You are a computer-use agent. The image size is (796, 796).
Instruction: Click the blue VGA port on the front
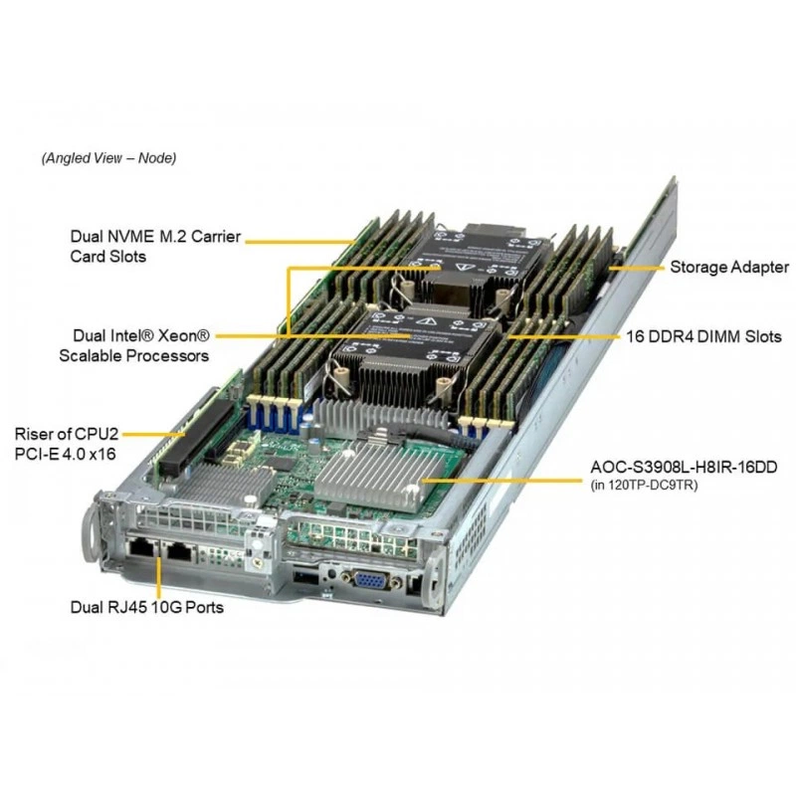[372, 579]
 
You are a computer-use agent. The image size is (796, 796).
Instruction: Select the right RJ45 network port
[179, 550]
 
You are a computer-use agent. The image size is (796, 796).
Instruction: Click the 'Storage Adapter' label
[729, 268]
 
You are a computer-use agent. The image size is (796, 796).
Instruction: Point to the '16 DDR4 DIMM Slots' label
[703, 336]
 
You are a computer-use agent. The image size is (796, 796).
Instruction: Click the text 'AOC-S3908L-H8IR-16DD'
[684, 467]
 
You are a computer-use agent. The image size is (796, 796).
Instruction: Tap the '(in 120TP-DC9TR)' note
[644, 486]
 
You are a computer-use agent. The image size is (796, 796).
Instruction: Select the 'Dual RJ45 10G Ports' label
[147, 607]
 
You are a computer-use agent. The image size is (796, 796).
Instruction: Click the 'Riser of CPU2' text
[67, 434]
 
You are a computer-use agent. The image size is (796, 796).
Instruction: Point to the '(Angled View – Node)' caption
[108, 158]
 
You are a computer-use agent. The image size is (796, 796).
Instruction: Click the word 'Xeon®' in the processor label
[184, 335]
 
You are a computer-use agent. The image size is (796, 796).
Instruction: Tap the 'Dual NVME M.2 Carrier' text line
[155, 237]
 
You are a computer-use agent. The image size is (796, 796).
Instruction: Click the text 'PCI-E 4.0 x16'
[65, 454]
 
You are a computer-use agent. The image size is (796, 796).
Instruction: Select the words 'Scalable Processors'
[134, 356]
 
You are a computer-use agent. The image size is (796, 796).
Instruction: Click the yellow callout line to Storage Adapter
[636, 268]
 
